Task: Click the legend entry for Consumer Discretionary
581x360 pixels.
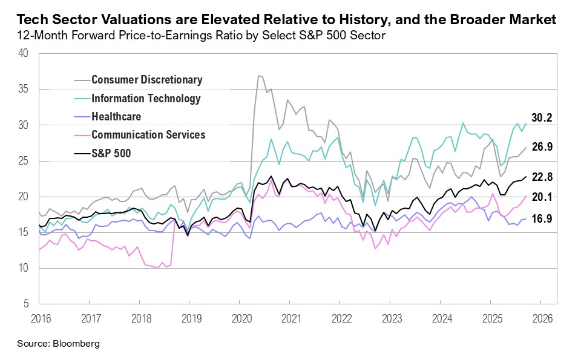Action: (146, 80)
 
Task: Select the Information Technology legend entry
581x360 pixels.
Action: (145, 98)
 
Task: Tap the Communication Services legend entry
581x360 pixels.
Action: (148, 135)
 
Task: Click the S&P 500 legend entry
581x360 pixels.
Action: (111, 154)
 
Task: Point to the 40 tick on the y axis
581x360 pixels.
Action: (24, 53)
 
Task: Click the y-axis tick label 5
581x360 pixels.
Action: (26, 304)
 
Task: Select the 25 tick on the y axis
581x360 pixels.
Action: (24, 160)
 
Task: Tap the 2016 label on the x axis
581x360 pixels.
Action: (39, 318)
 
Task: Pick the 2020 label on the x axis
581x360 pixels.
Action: (241, 318)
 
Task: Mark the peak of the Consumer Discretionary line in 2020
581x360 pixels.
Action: (259, 76)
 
